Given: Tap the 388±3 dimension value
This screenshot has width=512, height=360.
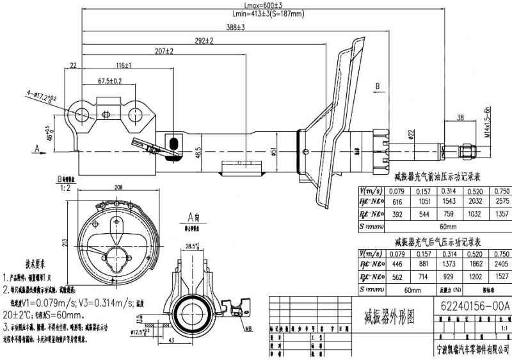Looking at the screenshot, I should [235, 27].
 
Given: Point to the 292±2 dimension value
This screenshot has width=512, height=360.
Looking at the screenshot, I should [204, 40].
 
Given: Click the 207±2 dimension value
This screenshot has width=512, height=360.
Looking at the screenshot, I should [164, 51].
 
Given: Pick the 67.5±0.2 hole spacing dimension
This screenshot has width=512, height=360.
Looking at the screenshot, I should [110, 81].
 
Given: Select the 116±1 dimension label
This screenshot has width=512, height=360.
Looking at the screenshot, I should [124, 65].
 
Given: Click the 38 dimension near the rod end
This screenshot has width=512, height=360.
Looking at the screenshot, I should [460, 118].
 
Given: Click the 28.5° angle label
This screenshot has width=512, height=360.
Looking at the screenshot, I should [191, 246].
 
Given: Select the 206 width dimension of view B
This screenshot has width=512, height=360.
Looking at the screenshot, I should [118, 188].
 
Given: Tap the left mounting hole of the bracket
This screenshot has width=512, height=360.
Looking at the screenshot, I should [82, 115].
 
